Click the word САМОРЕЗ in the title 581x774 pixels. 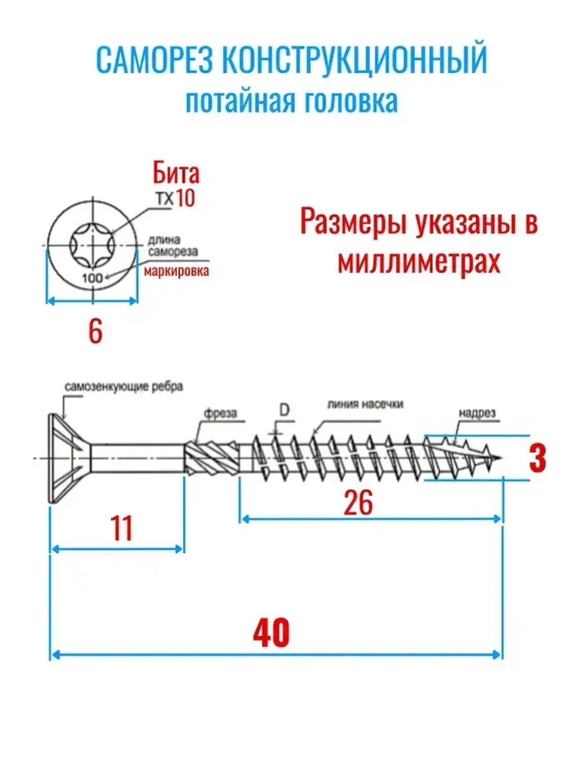(x=154, y=61)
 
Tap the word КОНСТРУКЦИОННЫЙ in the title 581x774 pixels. (x=354, y=61)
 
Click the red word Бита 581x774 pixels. (x=175, y=173)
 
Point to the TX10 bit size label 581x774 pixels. (x=175, y=199)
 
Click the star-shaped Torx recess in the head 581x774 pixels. (x=92, y=246)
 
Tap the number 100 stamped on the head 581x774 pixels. (x=92, y=278)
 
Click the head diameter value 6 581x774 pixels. (x=95, y=332)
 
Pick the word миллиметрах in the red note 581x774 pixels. (x=419, y=261)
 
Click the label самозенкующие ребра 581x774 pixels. (x=124, y=386)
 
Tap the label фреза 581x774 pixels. (x=220, y=413)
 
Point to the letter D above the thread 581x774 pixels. (x=284, y=411)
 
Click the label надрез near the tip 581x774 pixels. (x=477, y=413)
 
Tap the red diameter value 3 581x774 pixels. (x=538, y=458)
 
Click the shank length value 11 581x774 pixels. (x=121, y=528)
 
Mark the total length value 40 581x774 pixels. (x=271, y=633)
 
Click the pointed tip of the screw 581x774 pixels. (x=500, y=459)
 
